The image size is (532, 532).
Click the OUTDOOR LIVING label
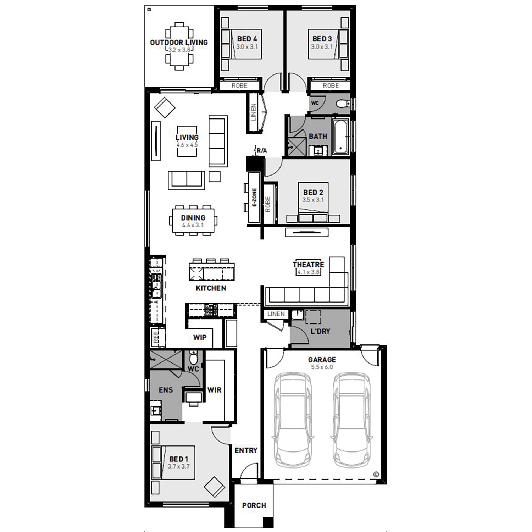(x=179, y=43)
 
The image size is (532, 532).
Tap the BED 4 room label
(x=247, y=39)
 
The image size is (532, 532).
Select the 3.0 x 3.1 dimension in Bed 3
(x=322, y=47)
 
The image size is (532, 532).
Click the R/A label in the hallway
(x=262, y=151)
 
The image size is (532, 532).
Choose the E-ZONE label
(x=254, y=198)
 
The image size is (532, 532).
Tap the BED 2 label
(x=313, y=192)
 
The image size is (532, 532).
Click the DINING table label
(x=193, y=218)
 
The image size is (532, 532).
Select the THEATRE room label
(x=309, y=265)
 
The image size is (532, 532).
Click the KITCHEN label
(x=211, y=288)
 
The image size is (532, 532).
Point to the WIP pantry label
(x=200, y=337)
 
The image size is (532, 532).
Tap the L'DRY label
(x=320, y=331)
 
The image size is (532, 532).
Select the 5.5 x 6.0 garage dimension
(x=322, y=367)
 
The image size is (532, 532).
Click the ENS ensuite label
(x=166, y=390)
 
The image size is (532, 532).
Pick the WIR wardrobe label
(x=214, y=390)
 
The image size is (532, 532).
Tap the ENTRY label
(x=246, y=450)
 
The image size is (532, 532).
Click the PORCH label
(x=254, y=505)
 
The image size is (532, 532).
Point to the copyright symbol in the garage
(x=376, y=475)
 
